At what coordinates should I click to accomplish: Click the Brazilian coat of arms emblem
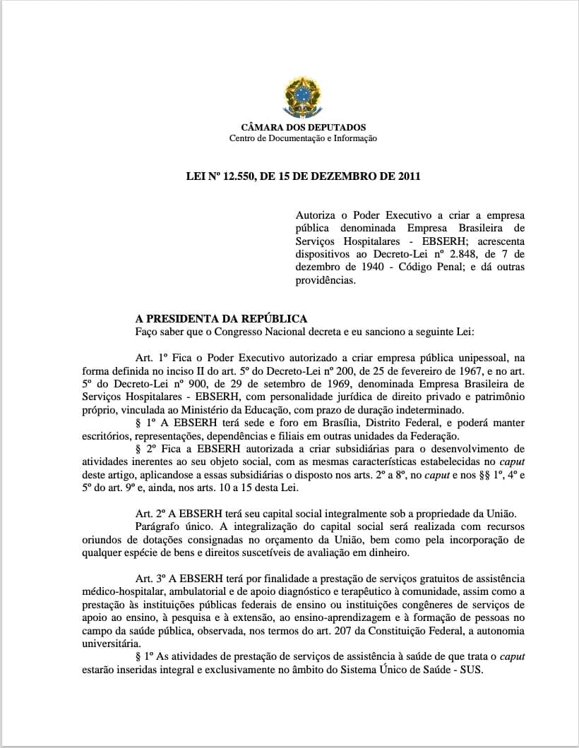[303, 97]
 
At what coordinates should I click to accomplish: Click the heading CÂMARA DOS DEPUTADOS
[303, 128]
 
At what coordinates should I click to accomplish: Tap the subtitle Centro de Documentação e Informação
[303, 138]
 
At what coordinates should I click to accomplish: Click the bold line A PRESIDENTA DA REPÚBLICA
[221, 319]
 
